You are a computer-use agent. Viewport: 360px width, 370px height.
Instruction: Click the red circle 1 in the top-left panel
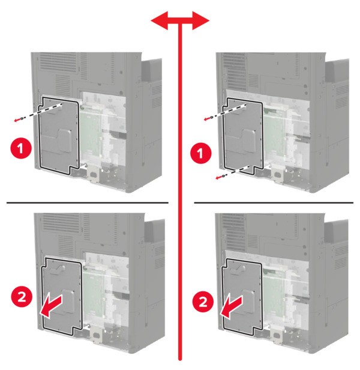21,148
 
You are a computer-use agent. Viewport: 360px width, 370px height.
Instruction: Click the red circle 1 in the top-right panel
200,153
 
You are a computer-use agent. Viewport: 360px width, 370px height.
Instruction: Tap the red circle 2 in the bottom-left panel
22,297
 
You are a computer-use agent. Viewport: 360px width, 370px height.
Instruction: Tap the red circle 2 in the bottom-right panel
203,302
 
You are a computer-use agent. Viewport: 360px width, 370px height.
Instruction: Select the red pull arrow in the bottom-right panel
231,308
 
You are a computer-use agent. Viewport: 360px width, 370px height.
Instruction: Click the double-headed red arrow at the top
180,21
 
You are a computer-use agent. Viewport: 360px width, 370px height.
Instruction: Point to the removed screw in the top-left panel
22,118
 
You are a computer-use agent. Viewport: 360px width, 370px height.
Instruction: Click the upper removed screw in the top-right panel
211,117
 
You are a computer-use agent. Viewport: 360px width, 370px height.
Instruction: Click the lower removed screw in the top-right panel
223,176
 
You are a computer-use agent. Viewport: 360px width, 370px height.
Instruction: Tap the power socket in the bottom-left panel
97,336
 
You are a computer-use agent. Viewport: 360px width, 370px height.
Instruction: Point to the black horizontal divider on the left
88,202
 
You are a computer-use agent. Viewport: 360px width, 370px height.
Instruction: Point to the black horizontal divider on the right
274,202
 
